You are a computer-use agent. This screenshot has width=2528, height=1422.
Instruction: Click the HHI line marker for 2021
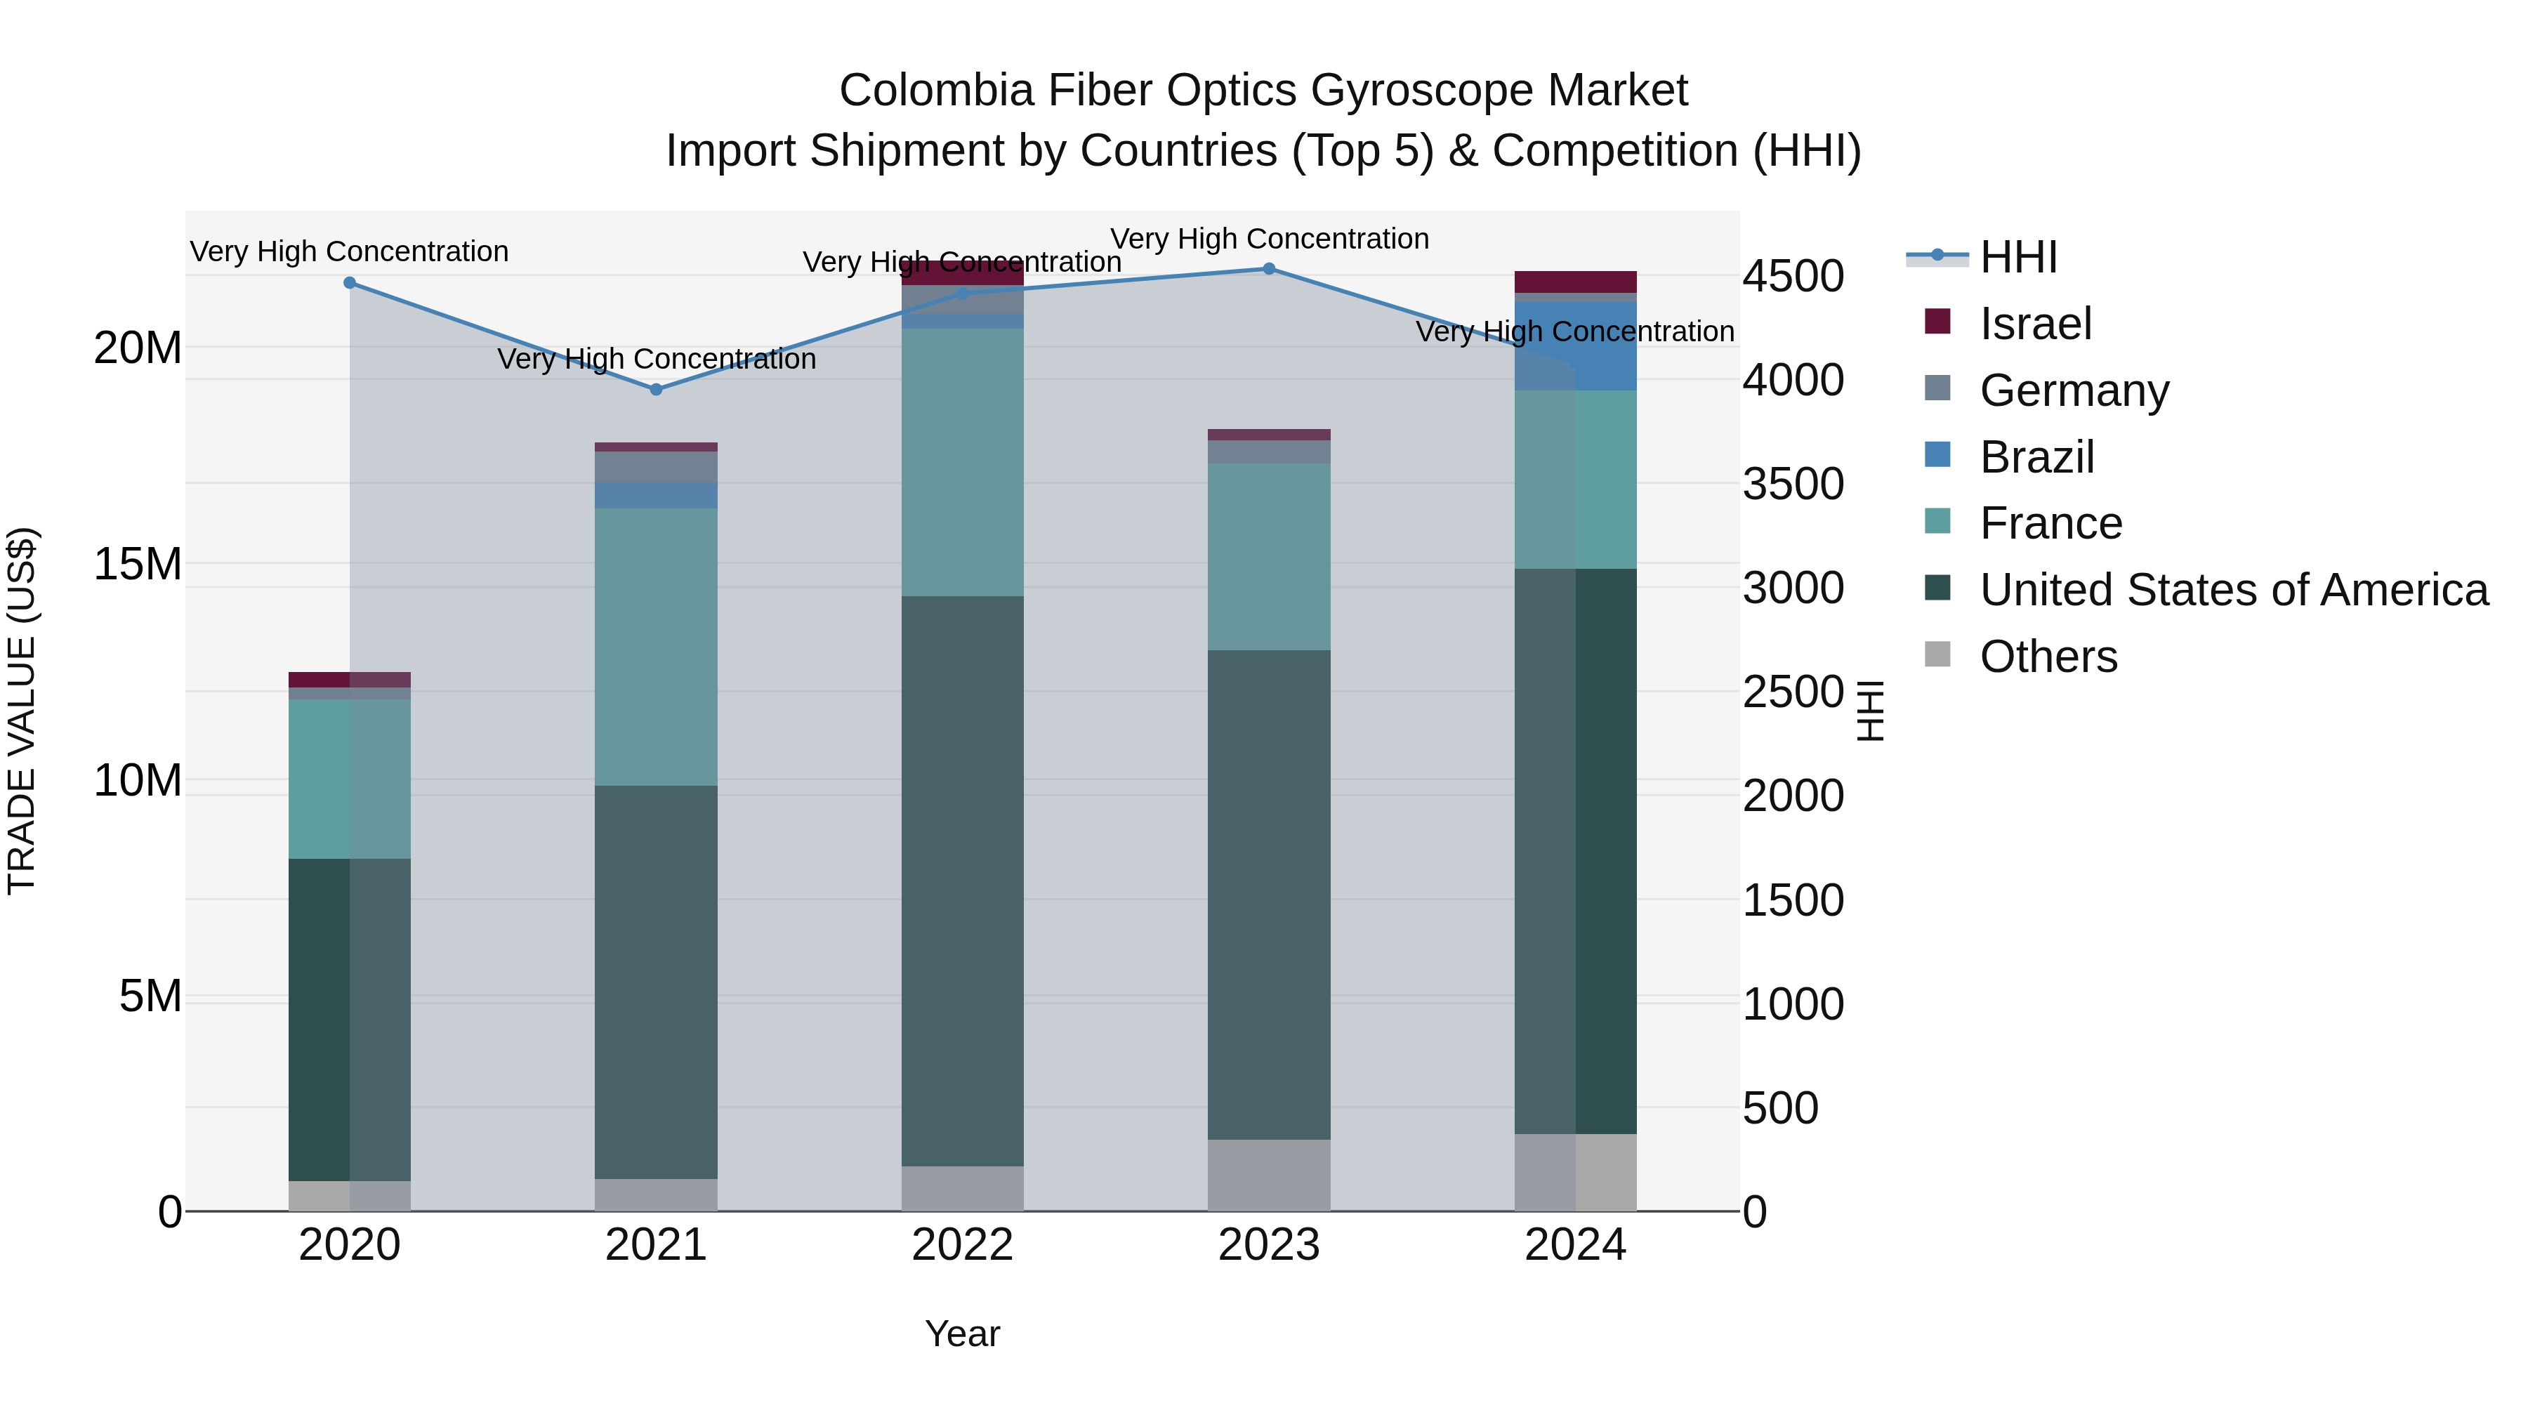tap(657, 390)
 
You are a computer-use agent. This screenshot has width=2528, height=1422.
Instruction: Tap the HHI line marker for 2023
tap(1269, 269)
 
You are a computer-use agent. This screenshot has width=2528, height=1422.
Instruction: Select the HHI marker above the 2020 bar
tap(350, 282)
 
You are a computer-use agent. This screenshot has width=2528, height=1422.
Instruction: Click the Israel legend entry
tap(2035, 324)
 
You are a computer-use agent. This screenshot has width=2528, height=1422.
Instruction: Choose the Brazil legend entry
tap(2036, 457)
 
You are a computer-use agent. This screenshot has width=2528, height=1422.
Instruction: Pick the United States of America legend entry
tap(2232, 590)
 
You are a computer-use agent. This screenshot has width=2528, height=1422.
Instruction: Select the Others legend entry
tap(2048, 657)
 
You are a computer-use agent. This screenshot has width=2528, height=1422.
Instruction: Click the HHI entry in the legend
tap(2017, 257)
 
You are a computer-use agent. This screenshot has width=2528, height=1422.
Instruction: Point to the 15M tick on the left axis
tap(138, 565)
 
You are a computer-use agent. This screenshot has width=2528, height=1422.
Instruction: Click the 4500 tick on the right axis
tap(1793, 276)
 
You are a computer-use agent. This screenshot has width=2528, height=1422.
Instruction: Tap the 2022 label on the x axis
tap(962, 1245)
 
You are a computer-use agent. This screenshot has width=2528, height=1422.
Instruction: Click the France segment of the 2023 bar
tap(1269, 556)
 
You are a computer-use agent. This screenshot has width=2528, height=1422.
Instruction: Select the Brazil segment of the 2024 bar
tap(1575, 346)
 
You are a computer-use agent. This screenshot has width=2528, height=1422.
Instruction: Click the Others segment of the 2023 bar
tap(1269, 1175)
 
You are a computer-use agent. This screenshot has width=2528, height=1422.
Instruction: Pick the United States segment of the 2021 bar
tap(657, 982)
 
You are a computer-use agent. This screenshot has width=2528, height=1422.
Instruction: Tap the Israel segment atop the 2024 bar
tap(1575, 282)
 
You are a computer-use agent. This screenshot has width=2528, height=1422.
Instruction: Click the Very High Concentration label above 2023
tap(1269, 239)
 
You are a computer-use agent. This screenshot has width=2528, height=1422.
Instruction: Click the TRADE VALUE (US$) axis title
tap(22, 711)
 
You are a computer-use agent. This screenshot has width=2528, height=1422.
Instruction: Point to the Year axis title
tap(962, 1334)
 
